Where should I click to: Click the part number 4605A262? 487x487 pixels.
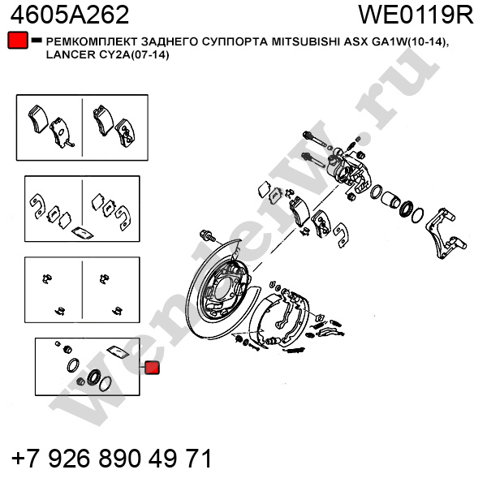click(69, 15)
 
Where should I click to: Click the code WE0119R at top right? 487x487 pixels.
click(415, 15)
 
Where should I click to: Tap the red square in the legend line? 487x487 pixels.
click(16, 41)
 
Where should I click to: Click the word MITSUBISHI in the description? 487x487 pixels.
click(300, 41)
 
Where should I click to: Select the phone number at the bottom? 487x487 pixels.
click(112, 459)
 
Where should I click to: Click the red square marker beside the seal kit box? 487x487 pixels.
click(152, 368)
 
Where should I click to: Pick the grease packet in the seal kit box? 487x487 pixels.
click(120, 351)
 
